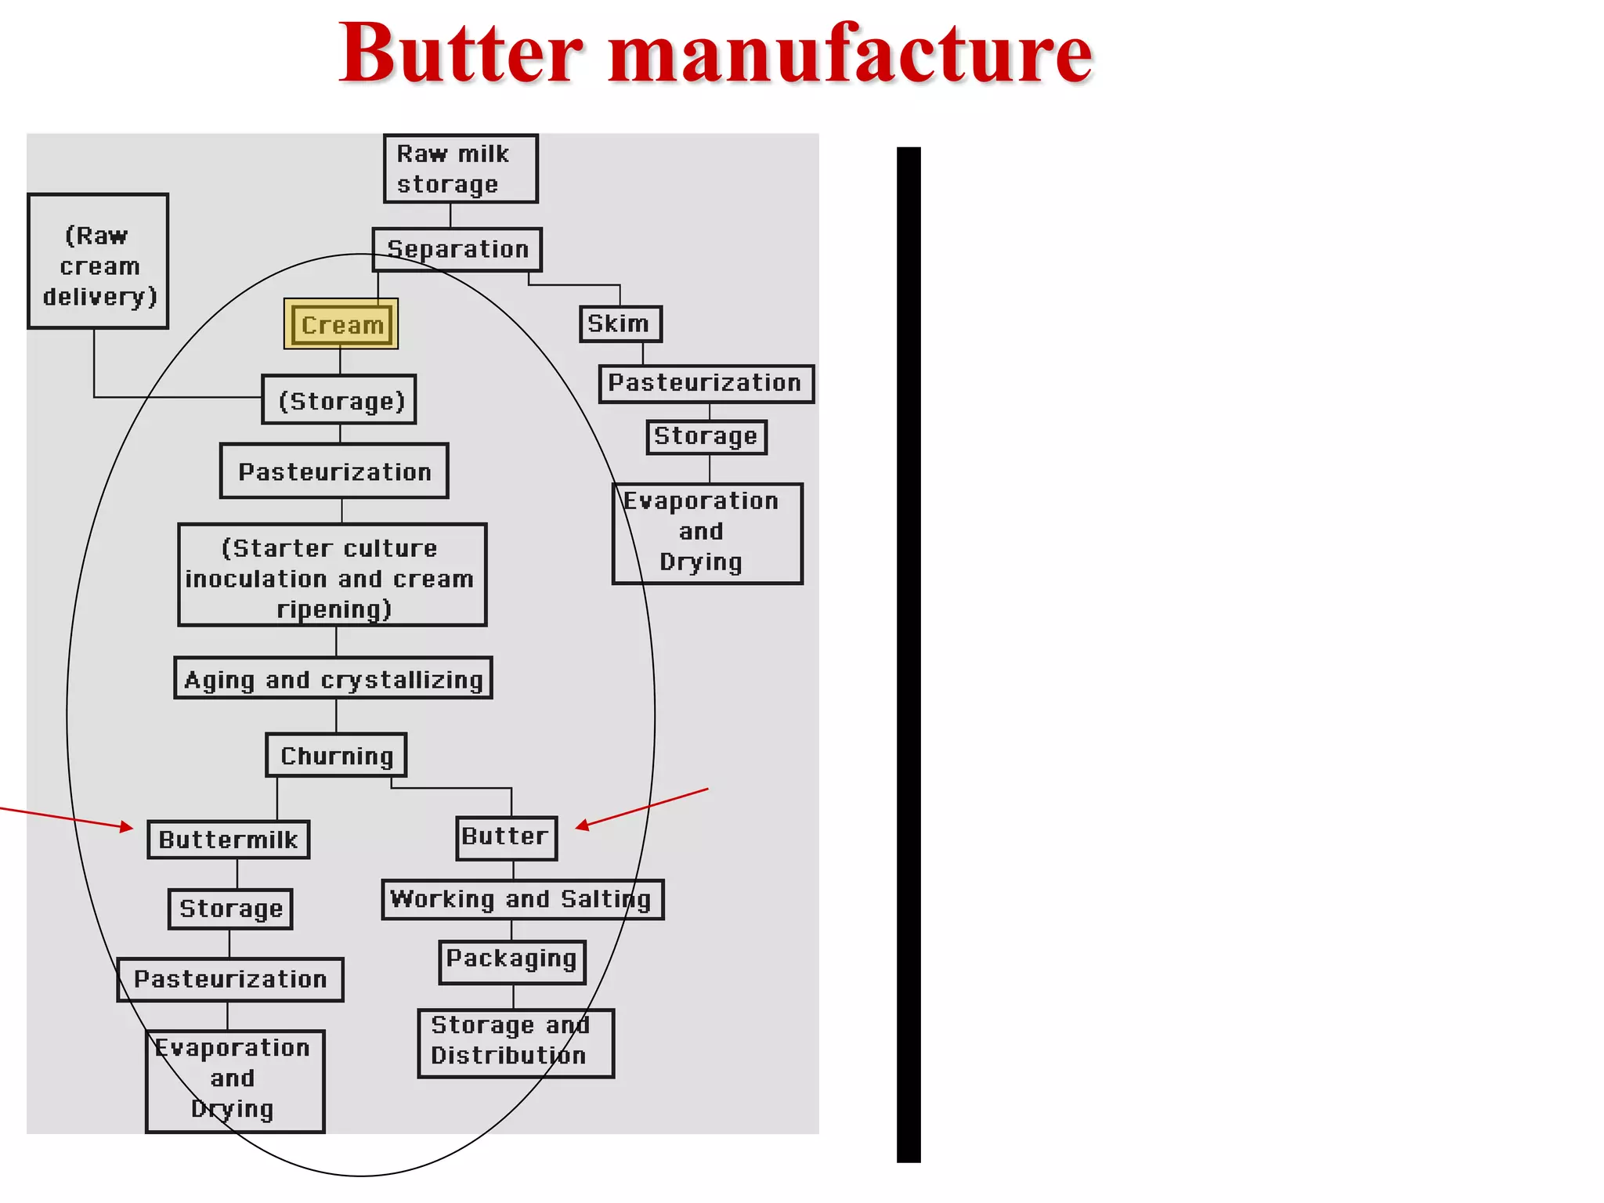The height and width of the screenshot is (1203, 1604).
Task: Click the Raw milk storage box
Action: pos(461,168)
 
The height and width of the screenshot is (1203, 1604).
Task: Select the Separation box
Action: pos(457,250)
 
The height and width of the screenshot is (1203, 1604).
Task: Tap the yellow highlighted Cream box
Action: pos(341,324)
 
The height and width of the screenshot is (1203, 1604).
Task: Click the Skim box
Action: pos(620,323)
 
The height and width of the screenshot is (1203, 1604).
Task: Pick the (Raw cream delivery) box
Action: pos(99,262)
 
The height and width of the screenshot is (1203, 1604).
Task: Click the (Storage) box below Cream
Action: pos(339,399)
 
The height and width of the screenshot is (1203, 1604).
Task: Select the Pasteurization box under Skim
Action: pos(706,384)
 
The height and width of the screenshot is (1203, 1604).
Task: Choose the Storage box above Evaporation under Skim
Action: pos(706,437)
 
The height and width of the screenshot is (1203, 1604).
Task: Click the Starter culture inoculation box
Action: pos(332,576)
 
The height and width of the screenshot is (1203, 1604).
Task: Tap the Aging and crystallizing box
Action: pos(333,678)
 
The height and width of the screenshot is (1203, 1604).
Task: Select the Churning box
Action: pos(336,755)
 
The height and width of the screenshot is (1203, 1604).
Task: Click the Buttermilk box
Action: pos(228,840)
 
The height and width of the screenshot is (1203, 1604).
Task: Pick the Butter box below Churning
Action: pos(506,837)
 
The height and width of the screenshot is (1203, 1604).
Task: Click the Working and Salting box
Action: pos(522,899)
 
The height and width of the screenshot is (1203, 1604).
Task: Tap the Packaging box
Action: pos(512,961)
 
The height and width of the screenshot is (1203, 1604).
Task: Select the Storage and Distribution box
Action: pos(515,1042)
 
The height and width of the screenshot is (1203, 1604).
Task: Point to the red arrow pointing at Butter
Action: pos(642,807)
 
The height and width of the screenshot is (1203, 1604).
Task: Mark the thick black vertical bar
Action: pos(909,654)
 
